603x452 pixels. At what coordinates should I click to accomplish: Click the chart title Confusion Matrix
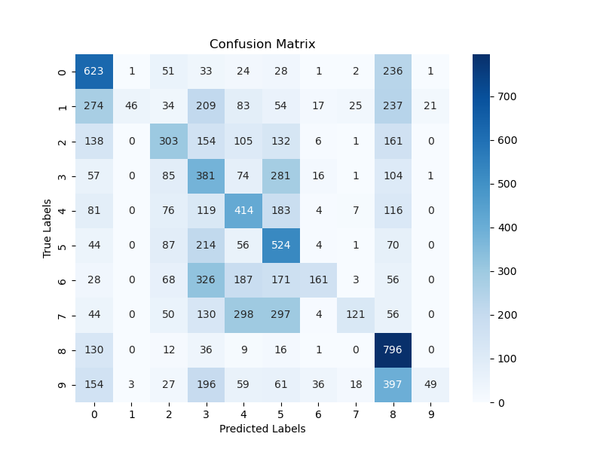pos(262,44)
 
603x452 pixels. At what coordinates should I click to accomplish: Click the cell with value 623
pos(94,72)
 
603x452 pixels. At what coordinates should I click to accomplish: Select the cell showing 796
pos(393,350)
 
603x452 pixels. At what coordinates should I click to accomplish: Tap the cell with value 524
pos(280,246)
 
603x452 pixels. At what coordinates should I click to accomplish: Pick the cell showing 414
pos(243,211)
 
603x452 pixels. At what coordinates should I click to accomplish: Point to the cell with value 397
pos(393,385)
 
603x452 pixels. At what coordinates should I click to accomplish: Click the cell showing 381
pos(206,176)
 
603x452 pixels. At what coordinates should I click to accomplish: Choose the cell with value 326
pos(206,281)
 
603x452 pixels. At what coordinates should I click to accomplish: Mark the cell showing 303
pos(169,142)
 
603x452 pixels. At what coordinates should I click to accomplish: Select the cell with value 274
pos(94,106)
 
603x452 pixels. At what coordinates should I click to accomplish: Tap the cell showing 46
pos(131,106)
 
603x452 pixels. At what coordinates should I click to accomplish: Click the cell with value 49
pos(430,385)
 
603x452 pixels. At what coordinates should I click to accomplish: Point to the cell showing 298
pos(243,316)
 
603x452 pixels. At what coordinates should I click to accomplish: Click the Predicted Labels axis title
pos(262,429)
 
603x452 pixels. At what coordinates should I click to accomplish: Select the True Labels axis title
pos(47,228)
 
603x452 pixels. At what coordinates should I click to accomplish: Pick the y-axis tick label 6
pos(63,281)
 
